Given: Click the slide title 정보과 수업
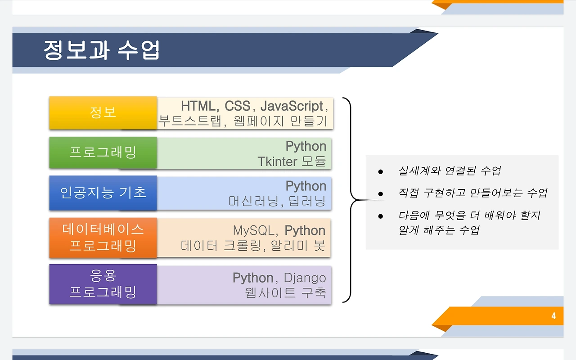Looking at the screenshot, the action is coord(102,50).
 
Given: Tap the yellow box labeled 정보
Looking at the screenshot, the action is coord(103,113).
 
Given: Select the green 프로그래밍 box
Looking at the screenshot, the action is coord(103,153).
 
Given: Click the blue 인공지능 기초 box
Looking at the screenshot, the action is coord(103,193).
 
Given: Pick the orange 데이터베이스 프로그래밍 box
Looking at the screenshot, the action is coord(103,238).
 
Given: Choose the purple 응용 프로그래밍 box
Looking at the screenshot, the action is coord(103,284).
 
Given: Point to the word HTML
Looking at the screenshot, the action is coord(200,106).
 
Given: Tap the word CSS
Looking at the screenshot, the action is coord(237,106).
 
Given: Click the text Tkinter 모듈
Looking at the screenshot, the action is coord(292,162).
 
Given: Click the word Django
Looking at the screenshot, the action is coord(305,278).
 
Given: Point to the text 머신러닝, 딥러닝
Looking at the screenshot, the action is coord(277,201).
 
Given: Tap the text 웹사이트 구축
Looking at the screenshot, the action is coord(285,292).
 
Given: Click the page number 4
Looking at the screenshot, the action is coord(553,316).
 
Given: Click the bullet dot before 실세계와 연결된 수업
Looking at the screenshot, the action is coord(381,172).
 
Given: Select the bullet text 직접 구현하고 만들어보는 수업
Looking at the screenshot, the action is coord(472,193).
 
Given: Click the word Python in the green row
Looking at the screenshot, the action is coord(306,146).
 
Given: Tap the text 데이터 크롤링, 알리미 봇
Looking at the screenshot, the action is coord(253,246).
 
